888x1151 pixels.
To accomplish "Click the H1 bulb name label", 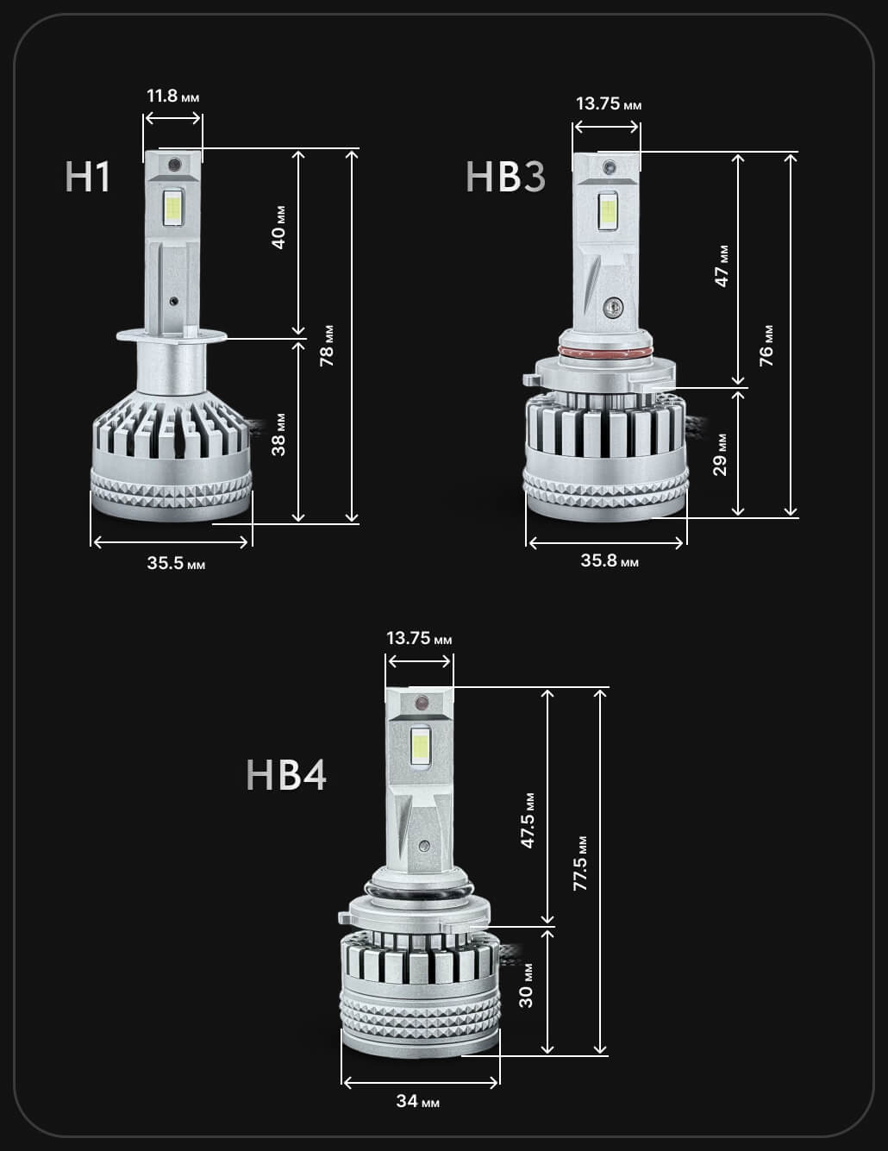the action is click(88, 177).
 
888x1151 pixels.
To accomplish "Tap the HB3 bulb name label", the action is click(505, 177).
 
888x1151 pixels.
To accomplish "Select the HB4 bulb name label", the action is click(286, 775).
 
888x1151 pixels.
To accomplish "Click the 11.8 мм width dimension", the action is click(172, 96).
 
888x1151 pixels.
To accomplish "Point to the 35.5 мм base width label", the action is click(176, 562).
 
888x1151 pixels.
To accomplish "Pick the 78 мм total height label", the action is click(327, 346).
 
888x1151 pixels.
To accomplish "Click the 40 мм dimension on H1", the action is click(278, 228).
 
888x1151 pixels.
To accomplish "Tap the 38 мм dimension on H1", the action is click(278, 435).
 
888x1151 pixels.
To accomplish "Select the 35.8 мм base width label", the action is click(610, 560).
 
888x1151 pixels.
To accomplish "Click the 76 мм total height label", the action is click(766, 346).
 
